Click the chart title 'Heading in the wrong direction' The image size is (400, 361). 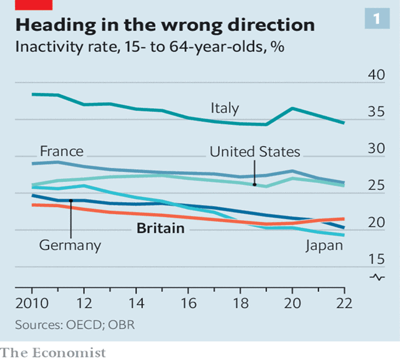tap(165, 25)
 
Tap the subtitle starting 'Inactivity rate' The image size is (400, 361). tap(149, 47)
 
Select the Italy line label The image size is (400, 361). tap(224, 108)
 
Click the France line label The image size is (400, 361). tap(62, 151)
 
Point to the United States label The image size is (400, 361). tap(255, 152)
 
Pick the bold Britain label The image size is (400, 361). tap(160, 228)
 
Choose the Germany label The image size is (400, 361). tap(70, 245)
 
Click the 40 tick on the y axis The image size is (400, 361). tap(378, 76)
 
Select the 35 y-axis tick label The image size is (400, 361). tap(378, 112)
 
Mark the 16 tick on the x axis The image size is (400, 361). tap(188, 305)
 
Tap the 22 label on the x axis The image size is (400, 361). tap(344, 305)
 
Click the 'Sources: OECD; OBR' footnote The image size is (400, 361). tap(74, 324)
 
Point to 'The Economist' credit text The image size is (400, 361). tap(53, 352)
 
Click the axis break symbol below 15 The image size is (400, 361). tap(378, 277)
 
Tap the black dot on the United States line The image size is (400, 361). tap(255, 185)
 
